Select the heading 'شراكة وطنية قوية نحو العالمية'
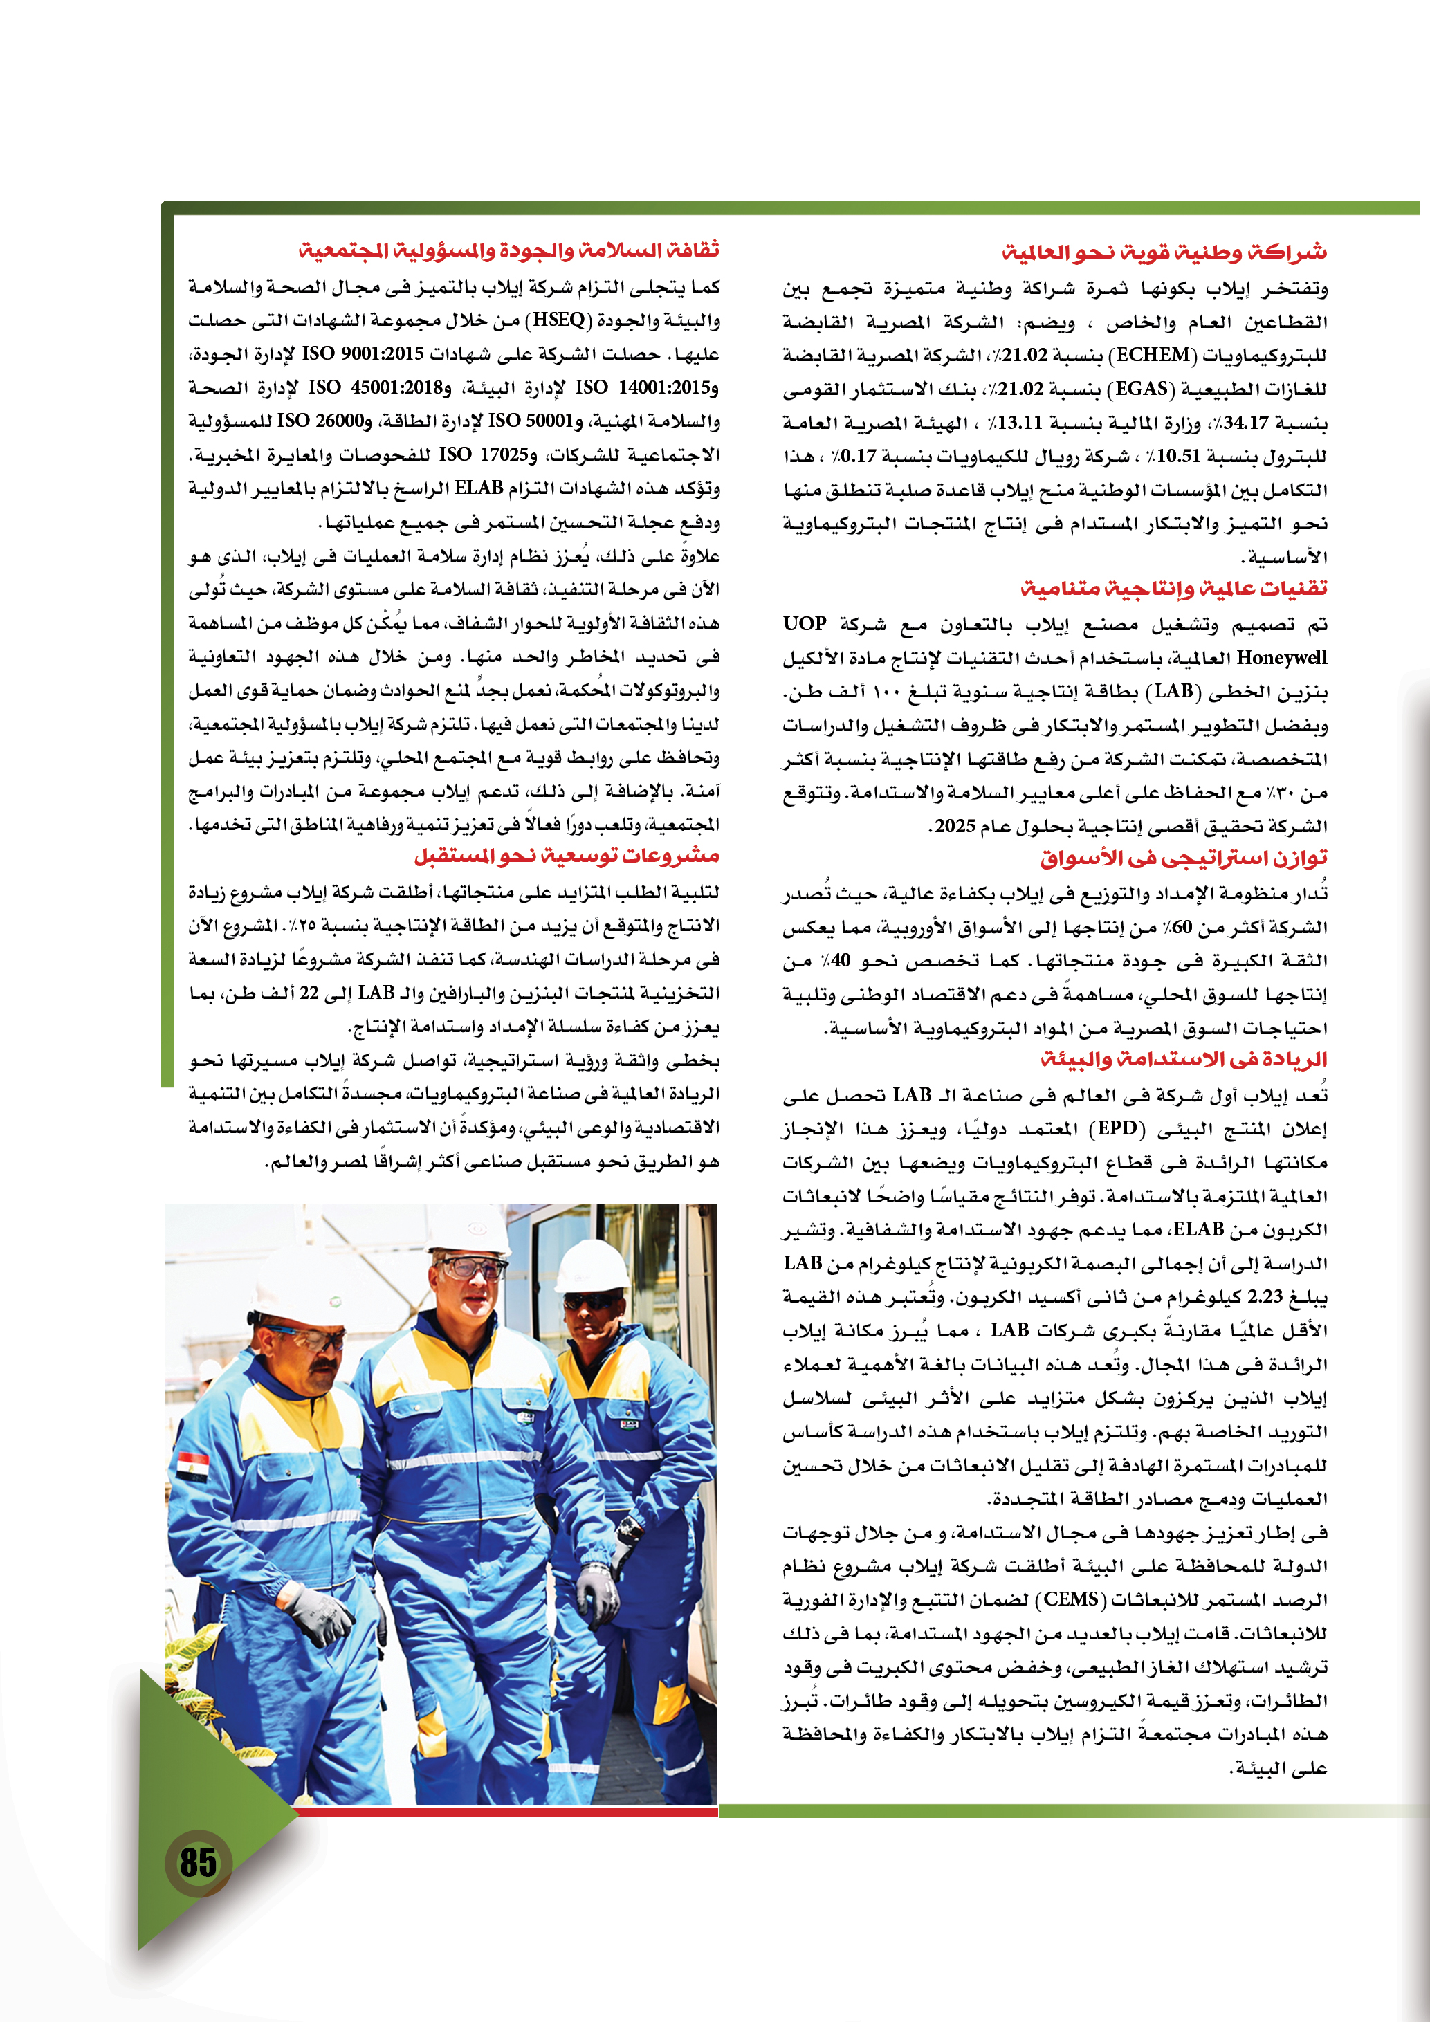1164,252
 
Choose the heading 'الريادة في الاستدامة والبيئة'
1184,1060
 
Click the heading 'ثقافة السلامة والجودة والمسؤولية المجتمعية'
509,251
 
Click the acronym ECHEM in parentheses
1153,355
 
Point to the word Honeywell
1281,658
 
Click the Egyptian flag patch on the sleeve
193,1464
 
